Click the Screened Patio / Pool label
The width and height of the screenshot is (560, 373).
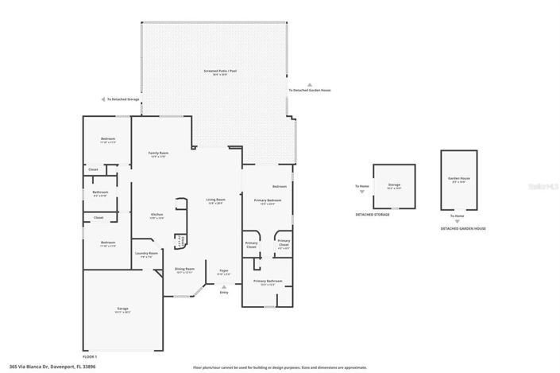[215, 72]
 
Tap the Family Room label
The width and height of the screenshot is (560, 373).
[159, 153]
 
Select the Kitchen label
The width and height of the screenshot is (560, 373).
[157, 216]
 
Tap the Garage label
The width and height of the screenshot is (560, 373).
[123, 309]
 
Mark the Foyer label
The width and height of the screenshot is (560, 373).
[224, 271]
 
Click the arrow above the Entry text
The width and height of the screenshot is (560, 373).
[224, 286]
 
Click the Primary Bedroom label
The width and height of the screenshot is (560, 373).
[268, 201]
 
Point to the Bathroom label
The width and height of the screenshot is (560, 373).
[100, 192]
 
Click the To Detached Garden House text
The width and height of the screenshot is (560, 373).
[310, 90]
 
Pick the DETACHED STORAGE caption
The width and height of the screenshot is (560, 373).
[373, 214]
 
